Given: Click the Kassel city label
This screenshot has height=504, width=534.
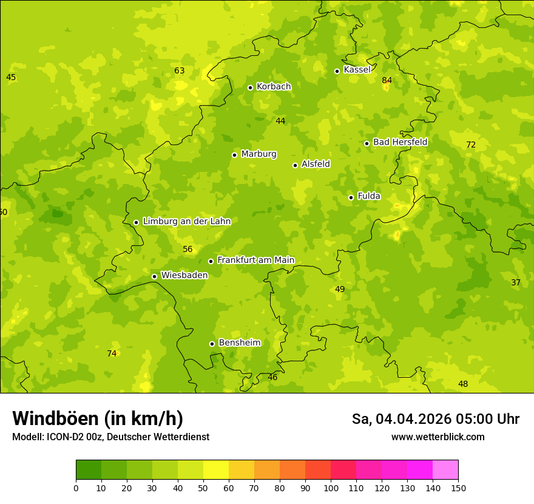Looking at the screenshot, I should tap(357, 70).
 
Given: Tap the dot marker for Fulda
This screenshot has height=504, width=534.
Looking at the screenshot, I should tap(351, 197).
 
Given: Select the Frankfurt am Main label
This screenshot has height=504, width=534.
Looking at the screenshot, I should tap(255, 260).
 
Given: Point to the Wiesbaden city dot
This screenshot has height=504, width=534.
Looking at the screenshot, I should tap(154, 276).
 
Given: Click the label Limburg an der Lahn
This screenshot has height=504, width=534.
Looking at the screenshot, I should tap(186, 221).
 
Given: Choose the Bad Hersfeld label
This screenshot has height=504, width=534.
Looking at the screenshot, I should tap(400, 142).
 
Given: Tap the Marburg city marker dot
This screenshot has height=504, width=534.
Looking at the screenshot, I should tap(234, 155).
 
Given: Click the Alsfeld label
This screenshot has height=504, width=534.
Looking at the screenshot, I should tap(316, 164).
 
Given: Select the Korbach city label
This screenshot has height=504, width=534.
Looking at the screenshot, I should tap(274, 86).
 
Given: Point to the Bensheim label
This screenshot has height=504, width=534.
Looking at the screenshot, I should tap(239, 342).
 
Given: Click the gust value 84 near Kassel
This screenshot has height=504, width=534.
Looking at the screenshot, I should tap(387, 80).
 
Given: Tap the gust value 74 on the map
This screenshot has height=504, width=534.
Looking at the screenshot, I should tap(112, 353).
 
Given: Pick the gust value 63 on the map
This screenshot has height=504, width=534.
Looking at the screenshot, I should tap(180, 70).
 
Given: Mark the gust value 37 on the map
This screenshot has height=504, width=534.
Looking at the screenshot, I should tap(516, 282).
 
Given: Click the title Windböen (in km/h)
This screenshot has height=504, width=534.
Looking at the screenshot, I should tap(98, 418).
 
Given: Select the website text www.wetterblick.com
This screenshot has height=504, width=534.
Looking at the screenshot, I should tap(438, 437).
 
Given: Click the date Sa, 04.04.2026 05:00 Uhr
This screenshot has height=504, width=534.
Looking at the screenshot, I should tap(435, 419).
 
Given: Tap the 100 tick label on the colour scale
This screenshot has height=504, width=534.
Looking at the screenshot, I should tap(331, 488).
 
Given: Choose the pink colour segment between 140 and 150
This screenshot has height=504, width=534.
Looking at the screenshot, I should tap(445, 469).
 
